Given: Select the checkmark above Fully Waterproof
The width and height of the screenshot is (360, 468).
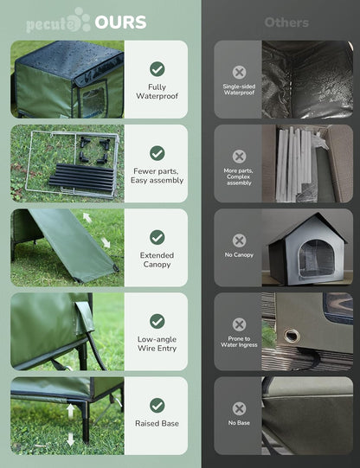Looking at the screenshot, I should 157,68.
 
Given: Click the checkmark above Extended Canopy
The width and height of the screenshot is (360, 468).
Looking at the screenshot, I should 157,236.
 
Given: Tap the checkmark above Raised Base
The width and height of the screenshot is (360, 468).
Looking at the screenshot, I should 157,404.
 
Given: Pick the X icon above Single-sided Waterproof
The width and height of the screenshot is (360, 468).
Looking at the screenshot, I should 239,72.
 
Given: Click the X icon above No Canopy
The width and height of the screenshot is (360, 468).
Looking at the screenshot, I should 239,240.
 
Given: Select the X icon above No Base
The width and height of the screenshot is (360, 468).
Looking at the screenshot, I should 239,407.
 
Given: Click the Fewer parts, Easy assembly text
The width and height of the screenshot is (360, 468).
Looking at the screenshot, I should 157,176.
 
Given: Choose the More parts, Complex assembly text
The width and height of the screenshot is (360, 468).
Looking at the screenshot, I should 239,177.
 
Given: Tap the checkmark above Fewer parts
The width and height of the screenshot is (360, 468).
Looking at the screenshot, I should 157,152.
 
